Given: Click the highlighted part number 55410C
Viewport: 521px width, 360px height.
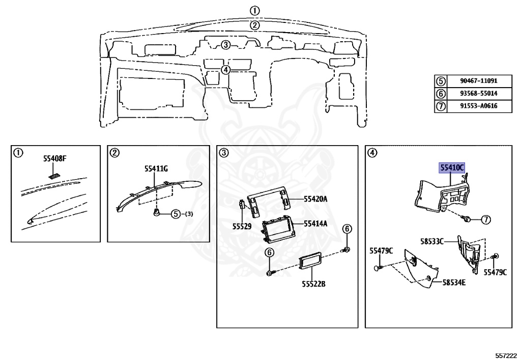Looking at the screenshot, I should tap(452, 168).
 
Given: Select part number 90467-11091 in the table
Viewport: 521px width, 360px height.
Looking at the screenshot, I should tap(478, 81).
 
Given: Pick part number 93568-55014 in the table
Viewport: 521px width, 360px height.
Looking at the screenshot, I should tap(478, 94).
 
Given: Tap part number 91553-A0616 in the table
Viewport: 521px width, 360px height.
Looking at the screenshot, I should tap(478, 106).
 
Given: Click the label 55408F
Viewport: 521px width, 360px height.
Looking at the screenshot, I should tap(55, 159).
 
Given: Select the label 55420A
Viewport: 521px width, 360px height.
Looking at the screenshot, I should tap(315, 199).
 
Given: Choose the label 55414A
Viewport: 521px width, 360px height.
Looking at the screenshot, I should tap(315, 224).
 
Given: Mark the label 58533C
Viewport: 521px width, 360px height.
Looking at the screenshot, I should tap(432, 240).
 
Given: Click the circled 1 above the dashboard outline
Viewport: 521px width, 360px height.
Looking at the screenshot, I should tap(255, 10).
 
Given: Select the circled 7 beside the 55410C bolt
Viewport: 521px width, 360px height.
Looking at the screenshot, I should tap(485, 220).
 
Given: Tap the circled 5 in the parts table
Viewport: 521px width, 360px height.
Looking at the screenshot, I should tap(440, 81).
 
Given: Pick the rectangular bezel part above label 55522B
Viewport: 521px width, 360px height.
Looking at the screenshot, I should tap(309, 262).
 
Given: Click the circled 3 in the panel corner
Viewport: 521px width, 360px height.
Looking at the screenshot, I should tap(223, 152).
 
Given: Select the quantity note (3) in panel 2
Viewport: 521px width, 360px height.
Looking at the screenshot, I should tap(189, 214).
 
